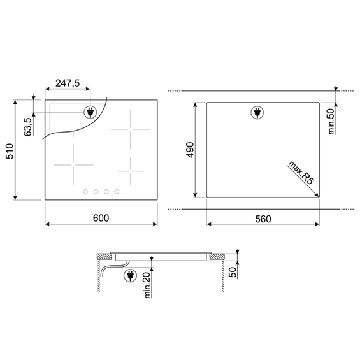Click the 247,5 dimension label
pyautogui.click(x=68, y=83)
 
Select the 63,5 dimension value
pyautogui.click(x=27, y=127)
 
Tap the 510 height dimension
pyautogui.click(x=10, y=151)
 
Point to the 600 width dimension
pyautogui.click(x=101, y=218)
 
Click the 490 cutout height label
pyautogui.click(x=190, y=150)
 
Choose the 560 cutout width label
pyautogui.click(x=263, y=219)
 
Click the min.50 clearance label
pyautogui.click(x=331, y=121)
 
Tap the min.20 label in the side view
pyautogui.click(x=147, y=285)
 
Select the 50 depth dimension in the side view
pyautogui.click(x=233, y=272)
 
